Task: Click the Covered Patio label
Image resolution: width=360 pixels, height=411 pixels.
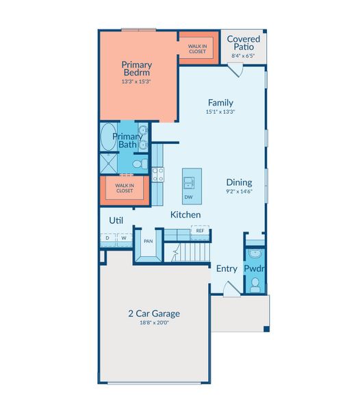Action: click(x=244, y=42)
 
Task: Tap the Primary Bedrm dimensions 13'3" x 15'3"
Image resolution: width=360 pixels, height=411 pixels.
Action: click(x=136, y=82)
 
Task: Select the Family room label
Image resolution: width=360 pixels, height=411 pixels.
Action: click(x=220, y=103)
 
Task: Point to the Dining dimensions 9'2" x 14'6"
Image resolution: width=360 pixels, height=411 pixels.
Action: click(x=239, y=191)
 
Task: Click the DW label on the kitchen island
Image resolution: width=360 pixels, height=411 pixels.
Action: click(x=188, y=197)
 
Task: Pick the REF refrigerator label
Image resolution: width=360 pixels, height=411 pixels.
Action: click(x=200, y=231)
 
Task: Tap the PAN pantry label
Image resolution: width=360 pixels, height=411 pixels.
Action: click(x=149, y=241)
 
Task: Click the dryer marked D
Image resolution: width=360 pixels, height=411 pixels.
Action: click(x=107, y=238)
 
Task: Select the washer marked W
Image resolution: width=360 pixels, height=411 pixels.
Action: click(x=124, y=238)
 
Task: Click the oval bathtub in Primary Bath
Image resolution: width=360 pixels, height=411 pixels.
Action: click(x=109, y=137)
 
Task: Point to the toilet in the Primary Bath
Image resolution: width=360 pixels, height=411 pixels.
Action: click(x=140, y=164)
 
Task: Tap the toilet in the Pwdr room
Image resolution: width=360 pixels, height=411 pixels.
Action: click(x=255, y=285)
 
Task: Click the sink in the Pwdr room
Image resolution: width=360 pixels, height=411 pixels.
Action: click(x=254, y=253)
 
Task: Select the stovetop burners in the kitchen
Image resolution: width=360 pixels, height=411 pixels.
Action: click(x=158, y=175)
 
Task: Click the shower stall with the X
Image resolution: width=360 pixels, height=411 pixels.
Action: click(x=109, y=164)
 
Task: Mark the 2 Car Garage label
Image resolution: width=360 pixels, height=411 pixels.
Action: click(x=154, y=314)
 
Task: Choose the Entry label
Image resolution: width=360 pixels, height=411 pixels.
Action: click(x=227, y=269)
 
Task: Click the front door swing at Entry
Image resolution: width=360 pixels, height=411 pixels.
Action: click(x=231, y=289)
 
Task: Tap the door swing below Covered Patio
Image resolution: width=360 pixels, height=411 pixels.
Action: click(x=235, y=70)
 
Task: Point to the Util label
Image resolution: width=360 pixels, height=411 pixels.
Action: click(x=116, y=221)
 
